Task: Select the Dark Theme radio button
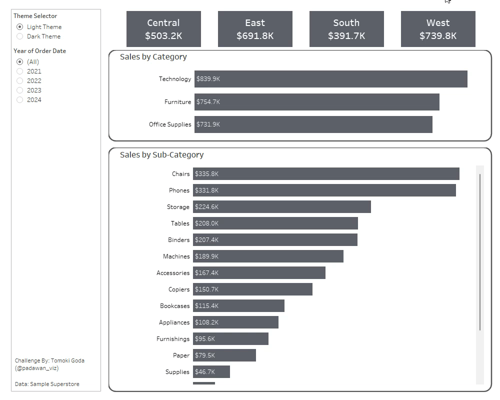20,36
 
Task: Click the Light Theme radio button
20,27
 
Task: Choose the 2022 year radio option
20,81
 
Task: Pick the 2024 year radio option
20,100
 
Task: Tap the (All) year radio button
20,62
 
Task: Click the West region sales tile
438,29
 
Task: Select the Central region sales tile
163,29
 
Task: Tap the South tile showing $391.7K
346,29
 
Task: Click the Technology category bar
330,79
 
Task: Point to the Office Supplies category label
170,124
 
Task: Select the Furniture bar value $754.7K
208,102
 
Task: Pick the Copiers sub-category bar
252,289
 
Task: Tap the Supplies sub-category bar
211,372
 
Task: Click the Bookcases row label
175,306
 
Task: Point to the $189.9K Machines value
207,256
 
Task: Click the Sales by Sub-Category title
161,155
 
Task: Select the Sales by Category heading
153,57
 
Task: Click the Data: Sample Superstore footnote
47,384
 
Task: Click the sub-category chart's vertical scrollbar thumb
480,252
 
